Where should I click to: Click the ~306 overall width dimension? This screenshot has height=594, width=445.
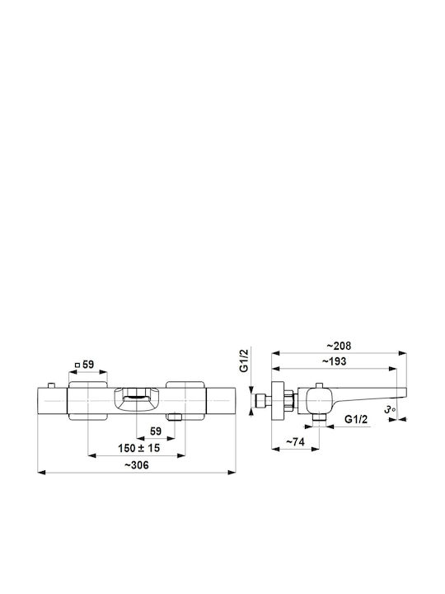pos(137,464)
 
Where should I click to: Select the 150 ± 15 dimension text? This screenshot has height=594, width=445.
pos(139,448)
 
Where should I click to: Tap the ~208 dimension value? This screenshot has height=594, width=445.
pos(339,346)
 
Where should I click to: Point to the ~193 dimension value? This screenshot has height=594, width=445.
pos(334,361)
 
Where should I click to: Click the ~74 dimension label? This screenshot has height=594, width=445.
pos(295,442)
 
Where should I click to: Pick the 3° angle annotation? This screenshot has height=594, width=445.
pos(390,409)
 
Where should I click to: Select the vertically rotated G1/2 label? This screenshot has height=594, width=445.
pos(245,361)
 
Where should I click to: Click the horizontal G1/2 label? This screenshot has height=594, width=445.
pos(356,419)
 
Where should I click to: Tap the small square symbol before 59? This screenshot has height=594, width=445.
pos(77,365)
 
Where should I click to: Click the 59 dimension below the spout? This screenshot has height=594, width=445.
pos(156,431)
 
